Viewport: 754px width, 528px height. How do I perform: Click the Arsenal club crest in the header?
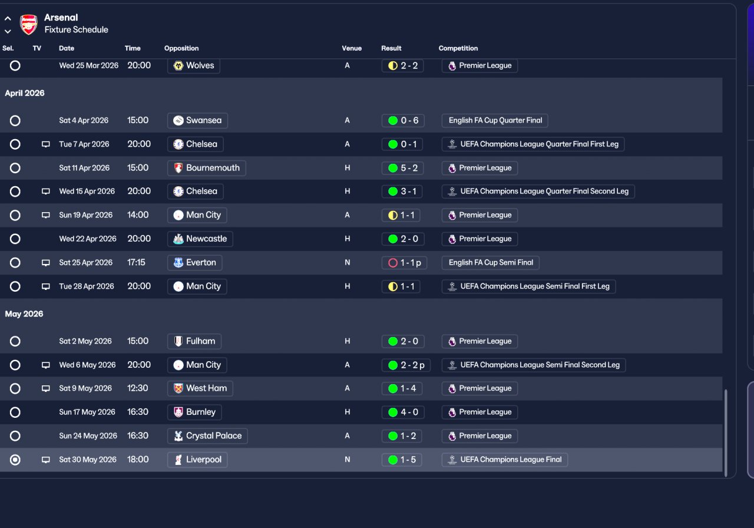click(28, 24)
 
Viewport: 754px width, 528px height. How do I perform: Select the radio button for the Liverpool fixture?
click(15, 460)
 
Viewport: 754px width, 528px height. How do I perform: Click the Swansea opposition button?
click(197, 120)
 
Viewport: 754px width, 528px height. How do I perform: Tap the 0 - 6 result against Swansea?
click(403, 120)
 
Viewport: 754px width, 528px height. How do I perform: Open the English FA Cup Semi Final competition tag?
click(491, 262)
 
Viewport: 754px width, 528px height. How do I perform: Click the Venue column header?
click(352, 48)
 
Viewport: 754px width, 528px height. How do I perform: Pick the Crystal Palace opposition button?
click(207, 435)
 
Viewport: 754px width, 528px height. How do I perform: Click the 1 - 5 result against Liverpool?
click(403, 460)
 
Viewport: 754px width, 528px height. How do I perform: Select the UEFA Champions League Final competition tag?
click(505, 460)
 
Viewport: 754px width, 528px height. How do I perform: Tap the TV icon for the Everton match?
click(46, 262)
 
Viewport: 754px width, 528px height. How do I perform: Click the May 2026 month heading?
click(24, 314)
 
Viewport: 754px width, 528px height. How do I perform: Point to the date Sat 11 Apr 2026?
click(84, 168)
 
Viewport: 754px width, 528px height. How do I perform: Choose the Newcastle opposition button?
click(200, 239)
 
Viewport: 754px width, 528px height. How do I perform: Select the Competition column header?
click(458, 48)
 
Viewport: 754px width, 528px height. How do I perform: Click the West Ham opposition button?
click(200, 388)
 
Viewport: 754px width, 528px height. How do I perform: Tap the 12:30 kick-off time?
click(138, 388)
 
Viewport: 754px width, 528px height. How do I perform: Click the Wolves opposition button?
click(194, 65)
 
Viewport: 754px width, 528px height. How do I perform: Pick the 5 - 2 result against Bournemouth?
click(403, 168)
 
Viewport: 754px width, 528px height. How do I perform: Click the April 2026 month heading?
click(25, 93)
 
